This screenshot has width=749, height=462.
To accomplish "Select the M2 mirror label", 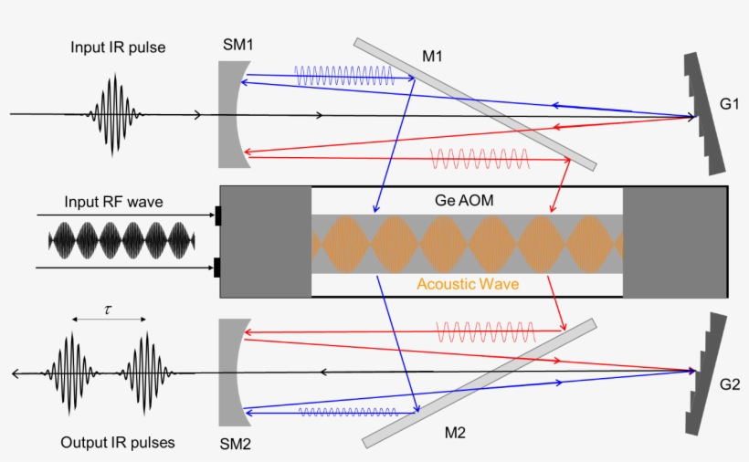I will coord(454,433).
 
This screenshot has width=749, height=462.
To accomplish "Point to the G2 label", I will coord(728,383).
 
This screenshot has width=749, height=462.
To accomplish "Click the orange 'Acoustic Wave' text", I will coord(468,284).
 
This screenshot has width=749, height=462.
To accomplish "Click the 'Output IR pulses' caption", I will coord(118,443).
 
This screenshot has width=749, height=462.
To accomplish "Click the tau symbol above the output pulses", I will coord(108,310).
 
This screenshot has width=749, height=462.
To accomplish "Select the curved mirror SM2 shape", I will coord(229,373).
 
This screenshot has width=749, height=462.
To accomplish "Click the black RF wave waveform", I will coord(121,241).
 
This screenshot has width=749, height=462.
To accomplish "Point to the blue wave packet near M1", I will coord(344,76).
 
